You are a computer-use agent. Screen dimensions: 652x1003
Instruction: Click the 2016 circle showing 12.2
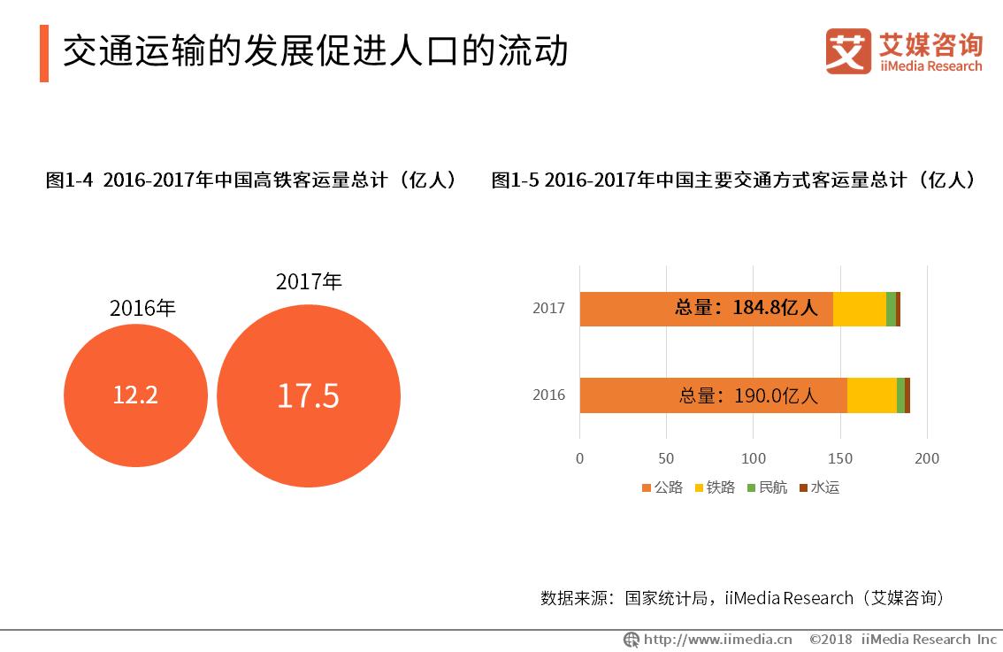tap(135, 395)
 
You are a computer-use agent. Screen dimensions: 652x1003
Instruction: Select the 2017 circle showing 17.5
tap(308, 395)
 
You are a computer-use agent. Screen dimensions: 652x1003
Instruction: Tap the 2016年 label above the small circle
tap(142, 308)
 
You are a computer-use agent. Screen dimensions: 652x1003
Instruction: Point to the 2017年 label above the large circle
tap(309, 281)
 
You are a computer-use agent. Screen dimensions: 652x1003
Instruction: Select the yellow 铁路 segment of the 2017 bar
tap(859, 308)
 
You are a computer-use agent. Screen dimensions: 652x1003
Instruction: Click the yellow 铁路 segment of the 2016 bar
tap(871, 395)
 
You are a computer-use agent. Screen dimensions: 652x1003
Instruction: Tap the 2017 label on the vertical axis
tap(548, 309)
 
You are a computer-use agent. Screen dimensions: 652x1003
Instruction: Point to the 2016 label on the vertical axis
tap(548, 395)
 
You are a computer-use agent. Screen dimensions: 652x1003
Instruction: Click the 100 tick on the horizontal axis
tap(753, 458)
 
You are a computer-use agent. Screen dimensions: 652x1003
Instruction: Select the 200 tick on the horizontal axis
tap(926, 458)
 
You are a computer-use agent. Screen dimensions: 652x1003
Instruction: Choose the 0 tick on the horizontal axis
tap(579, 458)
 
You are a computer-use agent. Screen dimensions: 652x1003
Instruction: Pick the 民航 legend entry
tap(766, 487)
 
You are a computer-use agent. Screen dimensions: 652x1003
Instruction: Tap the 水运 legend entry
tap(818, 487)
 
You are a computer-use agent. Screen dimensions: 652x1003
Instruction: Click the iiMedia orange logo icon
tap(848, 51)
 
